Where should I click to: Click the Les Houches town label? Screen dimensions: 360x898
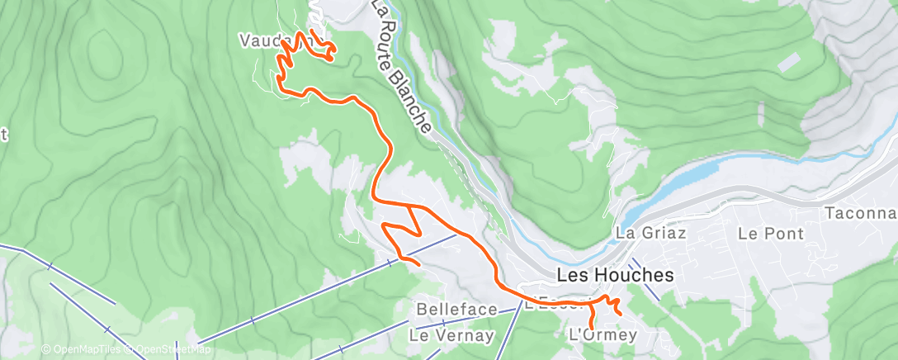[616, 275]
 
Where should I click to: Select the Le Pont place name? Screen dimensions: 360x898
[771, 234]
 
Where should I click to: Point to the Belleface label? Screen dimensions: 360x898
[457, 310]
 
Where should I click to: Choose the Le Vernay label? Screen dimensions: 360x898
[451, 336]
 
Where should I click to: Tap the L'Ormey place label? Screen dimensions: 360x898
[603, 334]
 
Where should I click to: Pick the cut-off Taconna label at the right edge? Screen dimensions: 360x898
[860, 213]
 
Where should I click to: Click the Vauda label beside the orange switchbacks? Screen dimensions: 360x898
[262, 40]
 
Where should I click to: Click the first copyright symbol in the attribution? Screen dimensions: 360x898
[46, 350]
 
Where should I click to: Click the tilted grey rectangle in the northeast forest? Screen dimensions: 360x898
[788, 62]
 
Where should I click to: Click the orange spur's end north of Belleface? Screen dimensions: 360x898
[418, 264]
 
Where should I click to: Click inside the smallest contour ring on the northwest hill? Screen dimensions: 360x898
[106, 47]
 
